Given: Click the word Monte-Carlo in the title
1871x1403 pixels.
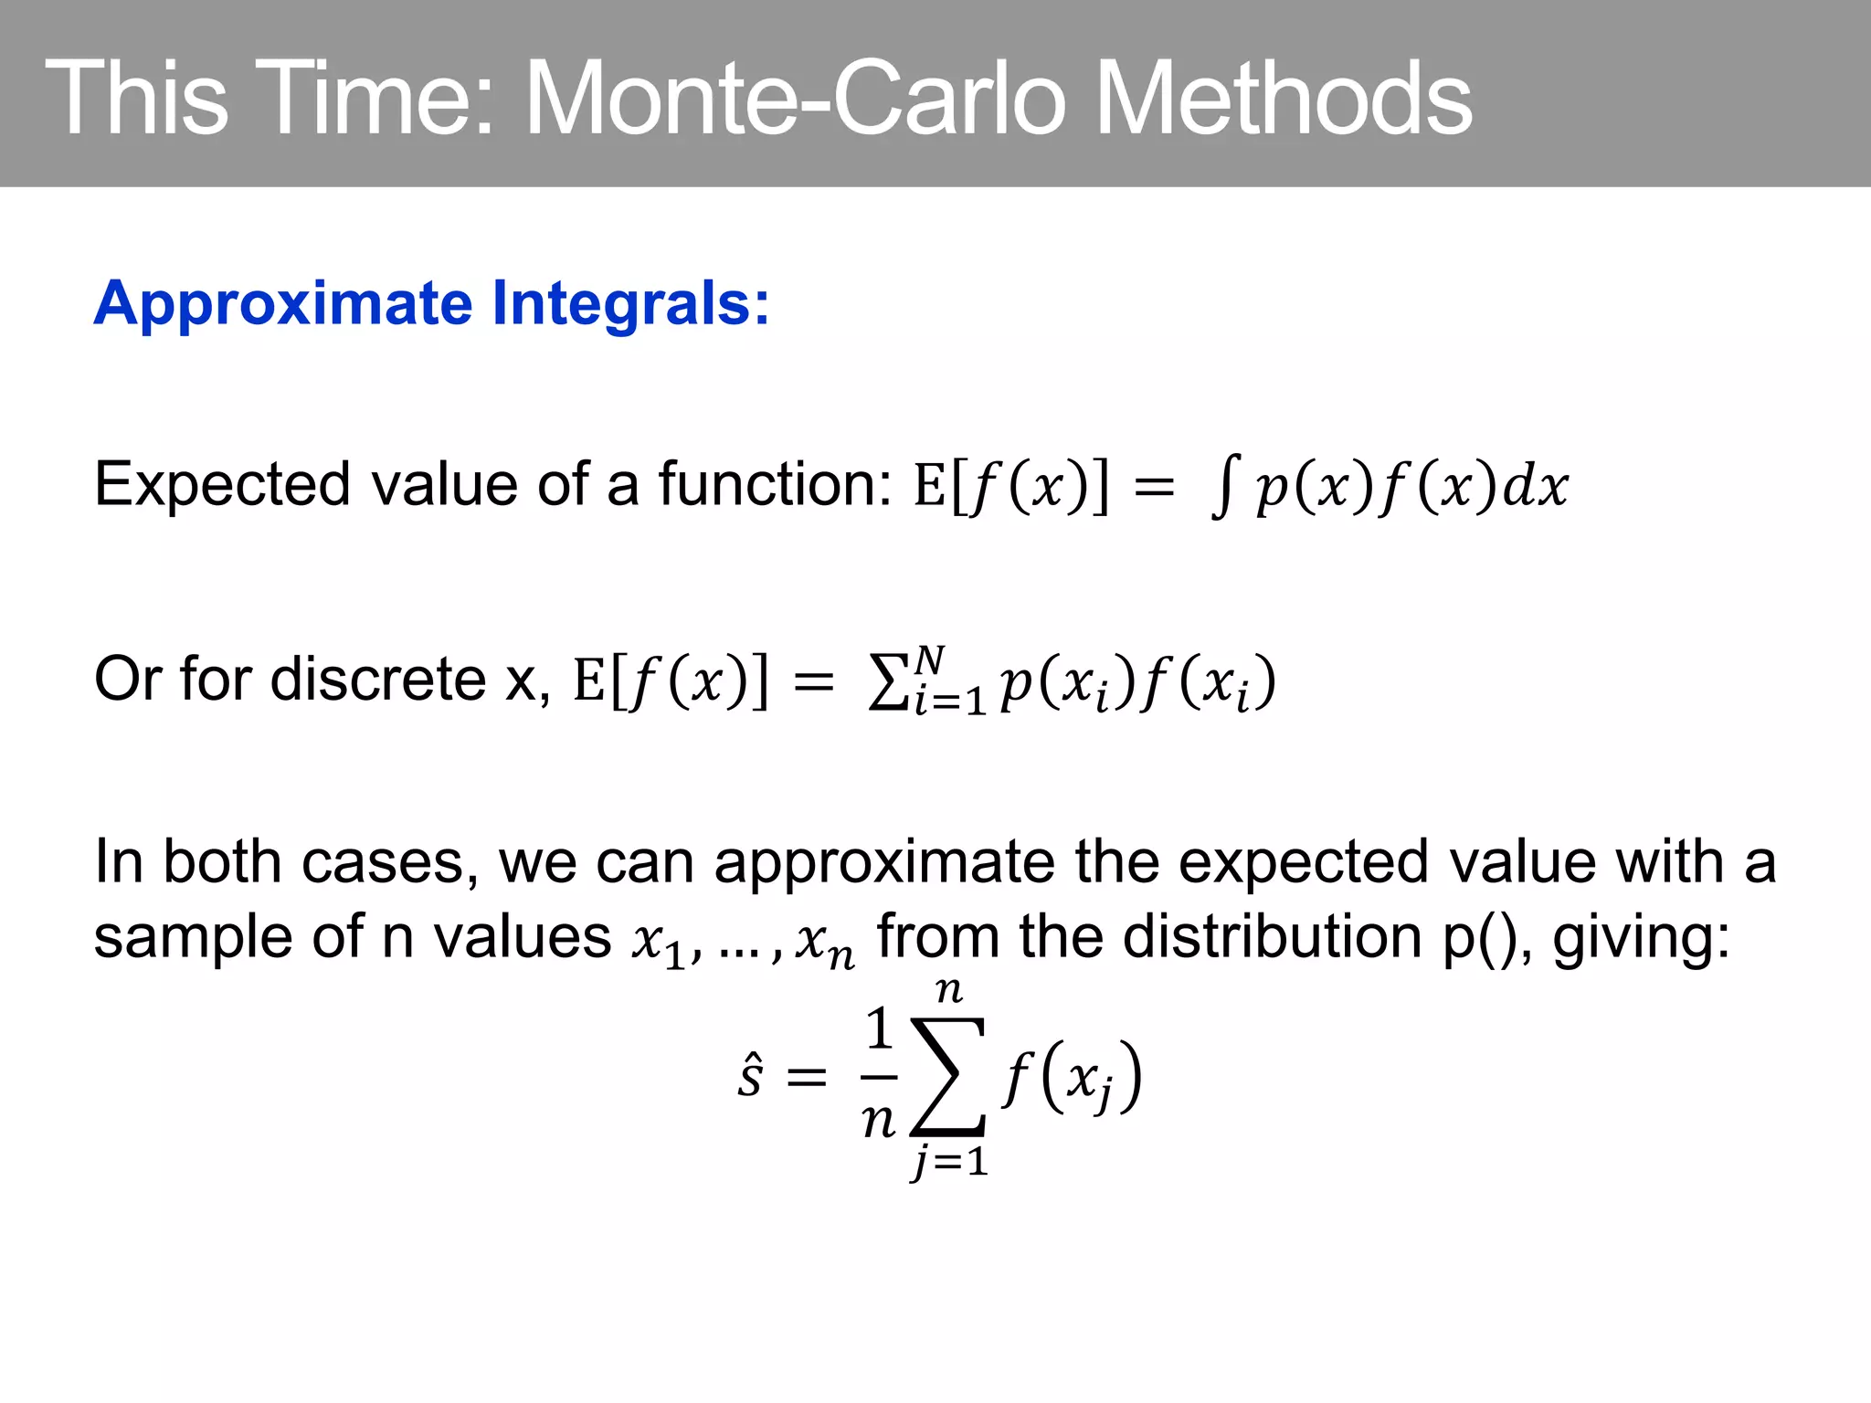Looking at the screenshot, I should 795,99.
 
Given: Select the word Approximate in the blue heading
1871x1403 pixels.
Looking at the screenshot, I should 284,304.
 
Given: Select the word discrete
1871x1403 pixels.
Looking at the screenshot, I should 378,680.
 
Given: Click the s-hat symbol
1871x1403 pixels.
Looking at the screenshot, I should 750,1075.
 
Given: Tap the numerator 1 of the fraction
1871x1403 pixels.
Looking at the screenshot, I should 879,1029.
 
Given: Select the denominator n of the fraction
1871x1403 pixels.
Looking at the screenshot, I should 879,1120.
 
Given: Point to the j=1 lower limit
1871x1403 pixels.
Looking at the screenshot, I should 949,1162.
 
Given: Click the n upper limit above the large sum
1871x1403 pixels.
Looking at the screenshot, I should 949,990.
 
